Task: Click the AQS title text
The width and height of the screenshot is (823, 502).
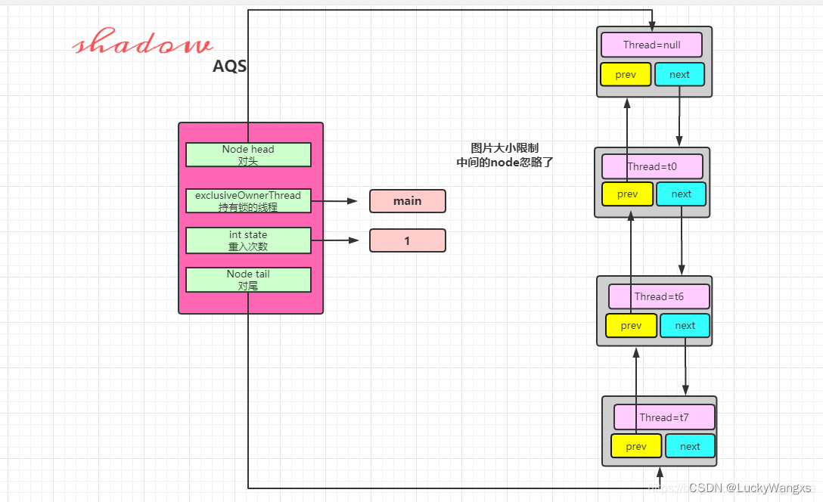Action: pyautogui.click(x=229, y=67)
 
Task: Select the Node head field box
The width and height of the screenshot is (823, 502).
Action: pyautogui.click(x=248, y=154)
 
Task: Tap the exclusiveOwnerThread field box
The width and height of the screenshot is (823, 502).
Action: pyautogui.click(x=248, y=200)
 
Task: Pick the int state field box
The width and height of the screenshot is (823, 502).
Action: pyautogui.click(x=248, y=240)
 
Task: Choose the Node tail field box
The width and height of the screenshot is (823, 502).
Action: pyautogui.click(x=248, y=280)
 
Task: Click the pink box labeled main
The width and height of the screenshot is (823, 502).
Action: pyautogui.click(x=407, y=201)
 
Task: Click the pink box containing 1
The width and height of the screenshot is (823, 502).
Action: pyautogui.click(x=407, y=240)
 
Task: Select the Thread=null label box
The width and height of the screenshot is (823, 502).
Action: pyautogui.click(x=651, y=45)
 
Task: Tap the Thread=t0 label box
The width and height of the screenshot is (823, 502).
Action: pyautogui.click(x=652, y=166)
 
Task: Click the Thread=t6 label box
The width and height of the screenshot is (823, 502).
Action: pyautogui.click(x=659, y=296)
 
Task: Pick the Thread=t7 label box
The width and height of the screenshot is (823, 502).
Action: pyautogui.click(x=664, y=417)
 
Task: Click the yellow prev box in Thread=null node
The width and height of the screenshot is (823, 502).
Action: pyautogui.click(x=626, y=74)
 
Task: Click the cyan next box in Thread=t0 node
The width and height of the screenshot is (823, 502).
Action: pyautogui.click(x=681, y=194)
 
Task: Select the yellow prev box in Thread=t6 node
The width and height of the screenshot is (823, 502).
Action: pyautogui.click(x=631, y=326)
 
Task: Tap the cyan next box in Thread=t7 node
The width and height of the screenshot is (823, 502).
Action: pyautogui.click(x=690, y=446)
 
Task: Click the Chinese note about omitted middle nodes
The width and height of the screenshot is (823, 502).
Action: pyautogui.click(x=505, y=155)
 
